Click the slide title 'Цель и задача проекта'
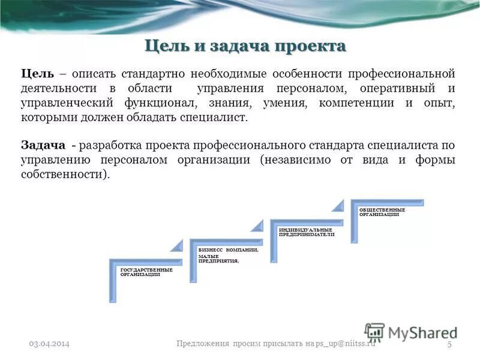pyautogui.click(x=246, y=46)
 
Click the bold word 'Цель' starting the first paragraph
pyautogui.click(x=38, y=74)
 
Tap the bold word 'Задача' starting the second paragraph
pyautogui.click(x=43, y=146)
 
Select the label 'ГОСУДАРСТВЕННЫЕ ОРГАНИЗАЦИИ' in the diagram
pyautogui.click(x=146, y=272)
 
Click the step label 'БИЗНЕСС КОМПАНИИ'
pyautogui.click(x=228, y=249)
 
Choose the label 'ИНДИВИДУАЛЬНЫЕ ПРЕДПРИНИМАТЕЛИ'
pyautogui.click(x=306, y=232)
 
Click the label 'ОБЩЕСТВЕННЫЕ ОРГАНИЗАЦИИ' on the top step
pyautogui.click(x=382, y=212)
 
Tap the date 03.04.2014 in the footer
pyautogui.click(x=50, y=343)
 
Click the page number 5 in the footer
pyautogui.click(x=449, y=343)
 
